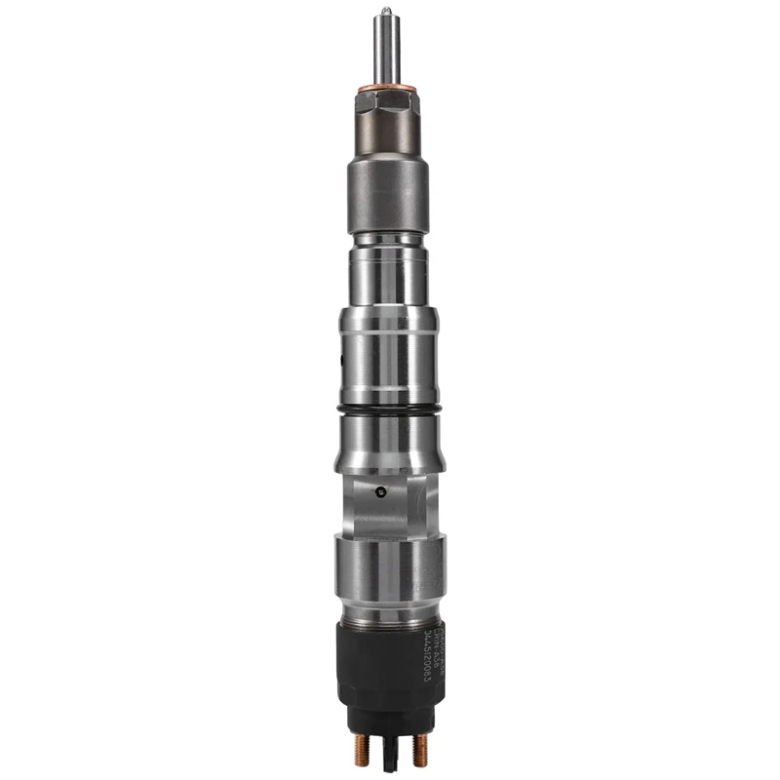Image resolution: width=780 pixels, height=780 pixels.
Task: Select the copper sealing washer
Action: [383, 94]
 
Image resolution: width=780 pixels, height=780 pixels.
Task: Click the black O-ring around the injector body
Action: [388, 407]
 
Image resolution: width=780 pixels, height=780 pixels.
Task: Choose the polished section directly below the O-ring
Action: [388, 439]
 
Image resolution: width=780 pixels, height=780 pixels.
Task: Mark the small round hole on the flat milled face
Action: [381, 488]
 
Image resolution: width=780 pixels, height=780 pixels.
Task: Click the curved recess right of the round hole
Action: [413, 502]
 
